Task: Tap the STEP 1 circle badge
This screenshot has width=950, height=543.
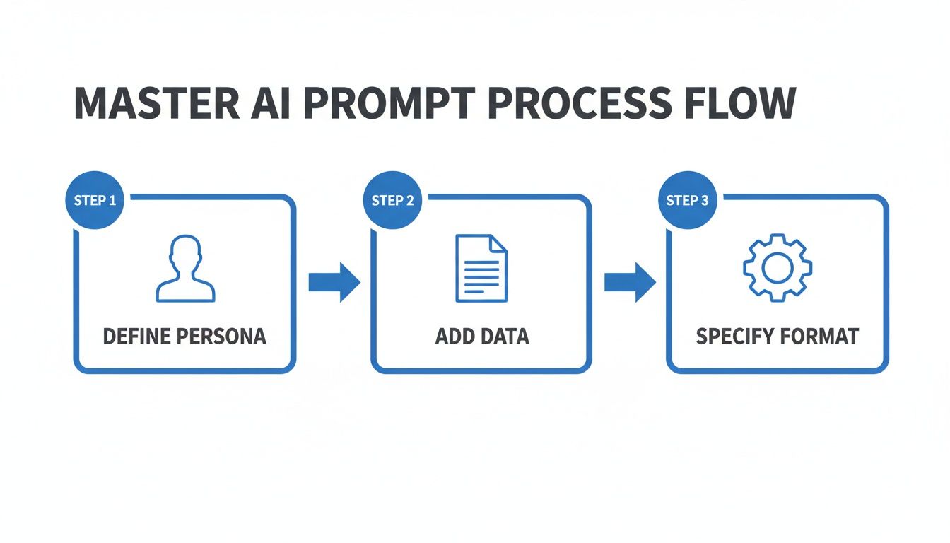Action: click(x=95, y=200)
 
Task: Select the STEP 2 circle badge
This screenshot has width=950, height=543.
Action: click(x=392, y=200)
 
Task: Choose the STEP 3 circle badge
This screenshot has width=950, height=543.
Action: click(x=687, y=200)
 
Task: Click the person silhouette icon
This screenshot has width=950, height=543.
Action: click(x=185, y=269)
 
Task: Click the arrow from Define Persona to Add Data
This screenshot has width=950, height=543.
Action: click(x=334, y=282)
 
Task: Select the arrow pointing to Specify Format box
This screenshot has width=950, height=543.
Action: click(x=630, y=282)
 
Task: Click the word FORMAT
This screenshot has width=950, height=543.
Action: click(x=820, y=336)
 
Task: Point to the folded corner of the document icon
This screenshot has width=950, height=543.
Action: click(x=499, y=244)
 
